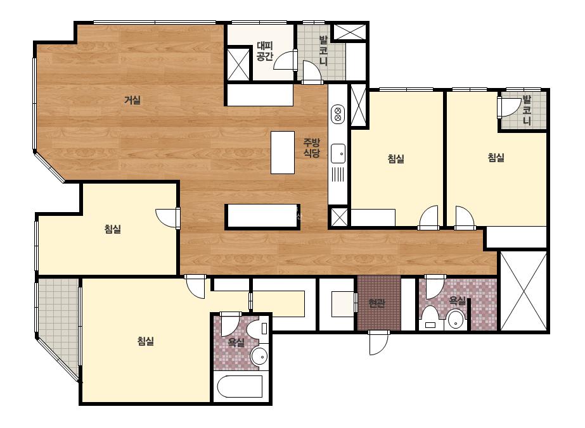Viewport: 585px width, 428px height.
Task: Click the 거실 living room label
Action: [132, 100]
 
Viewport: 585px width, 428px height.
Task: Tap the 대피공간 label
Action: [265, 51]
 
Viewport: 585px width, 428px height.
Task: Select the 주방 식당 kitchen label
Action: [311, 148]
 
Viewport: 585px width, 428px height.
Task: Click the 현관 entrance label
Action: [376, 303]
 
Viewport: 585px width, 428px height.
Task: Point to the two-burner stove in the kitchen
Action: [338, 114]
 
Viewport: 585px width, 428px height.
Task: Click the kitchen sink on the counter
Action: [338, 153]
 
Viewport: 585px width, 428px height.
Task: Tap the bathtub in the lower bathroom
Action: [240, 387]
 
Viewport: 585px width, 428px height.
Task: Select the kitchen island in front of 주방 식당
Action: [283, 152]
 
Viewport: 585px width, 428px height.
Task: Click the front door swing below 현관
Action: [378, 343]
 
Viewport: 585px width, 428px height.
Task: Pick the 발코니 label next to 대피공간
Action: [323, 51]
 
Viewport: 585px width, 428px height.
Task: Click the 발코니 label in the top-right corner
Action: [527, 110]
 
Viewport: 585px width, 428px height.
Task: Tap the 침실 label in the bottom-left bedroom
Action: [146, 341]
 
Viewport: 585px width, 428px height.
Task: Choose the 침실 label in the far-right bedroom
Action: [496, 157]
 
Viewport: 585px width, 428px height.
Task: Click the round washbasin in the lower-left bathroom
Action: [259, 356]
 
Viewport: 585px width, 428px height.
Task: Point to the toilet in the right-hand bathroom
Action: [430, 318]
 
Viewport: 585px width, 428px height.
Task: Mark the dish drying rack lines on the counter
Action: [338, 175]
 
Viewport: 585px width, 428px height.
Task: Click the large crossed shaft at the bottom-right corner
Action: [524, 291]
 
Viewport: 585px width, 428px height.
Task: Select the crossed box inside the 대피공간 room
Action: [238, 64]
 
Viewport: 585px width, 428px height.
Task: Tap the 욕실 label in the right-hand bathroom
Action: [457, 301]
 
